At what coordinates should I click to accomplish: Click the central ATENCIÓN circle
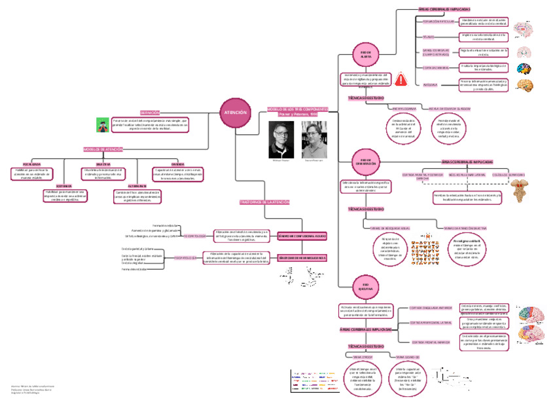(236, 113)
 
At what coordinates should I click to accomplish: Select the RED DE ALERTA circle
(366, 54)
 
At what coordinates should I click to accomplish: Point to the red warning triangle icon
(401, 80)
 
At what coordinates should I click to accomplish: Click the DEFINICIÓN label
(150, 113)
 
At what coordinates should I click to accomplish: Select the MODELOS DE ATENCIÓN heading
(103, 149)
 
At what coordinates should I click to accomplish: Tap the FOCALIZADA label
(32, 163)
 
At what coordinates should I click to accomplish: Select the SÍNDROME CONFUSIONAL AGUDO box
(302, 234)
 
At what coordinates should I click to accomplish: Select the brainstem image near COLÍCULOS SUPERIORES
(521, 190)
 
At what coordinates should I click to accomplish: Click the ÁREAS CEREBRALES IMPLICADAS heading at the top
(444, 10)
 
